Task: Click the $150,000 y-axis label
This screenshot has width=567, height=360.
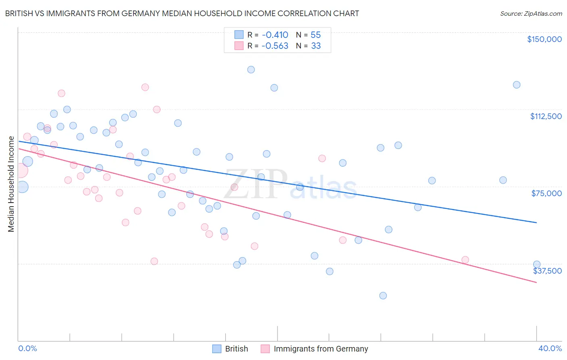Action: (x=544, y=39)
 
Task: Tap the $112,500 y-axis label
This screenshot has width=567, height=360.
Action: (x=546, y=116)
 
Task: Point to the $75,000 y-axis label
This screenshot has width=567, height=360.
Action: (x=546, y=193)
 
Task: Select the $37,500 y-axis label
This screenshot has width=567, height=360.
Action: (x=547, y=271)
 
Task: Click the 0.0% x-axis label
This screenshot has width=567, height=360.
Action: (x=27, y=348)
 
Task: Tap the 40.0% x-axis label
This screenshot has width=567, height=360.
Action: (x=550, y=348)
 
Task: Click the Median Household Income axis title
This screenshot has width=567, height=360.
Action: (x=11, y=184)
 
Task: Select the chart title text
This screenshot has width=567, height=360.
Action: (x=182, y=13)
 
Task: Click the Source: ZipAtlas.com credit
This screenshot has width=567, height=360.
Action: (x=531, y=13)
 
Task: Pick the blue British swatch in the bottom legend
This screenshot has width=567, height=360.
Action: (x=217, y=349)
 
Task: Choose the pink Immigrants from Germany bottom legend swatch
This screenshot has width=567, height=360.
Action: (x=265, y=349)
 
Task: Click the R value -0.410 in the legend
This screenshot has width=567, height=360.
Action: (x=275, y=35)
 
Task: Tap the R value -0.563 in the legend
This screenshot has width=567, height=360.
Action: (x=275, y=46)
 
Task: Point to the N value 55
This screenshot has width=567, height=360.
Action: (x=315, y=35)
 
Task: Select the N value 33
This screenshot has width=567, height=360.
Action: (x=315, y=46)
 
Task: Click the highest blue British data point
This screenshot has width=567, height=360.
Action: (x=251, y=69)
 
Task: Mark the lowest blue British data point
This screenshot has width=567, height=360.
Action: (x=383, y=295)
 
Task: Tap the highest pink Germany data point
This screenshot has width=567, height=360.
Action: (x=145, y=87)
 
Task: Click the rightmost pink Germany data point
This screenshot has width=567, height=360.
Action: (x=465, y=260)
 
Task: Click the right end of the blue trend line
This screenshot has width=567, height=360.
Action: (x=536, y=222)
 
